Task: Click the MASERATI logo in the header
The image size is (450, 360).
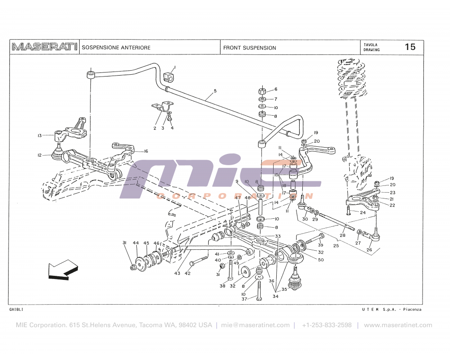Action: coord(44,47)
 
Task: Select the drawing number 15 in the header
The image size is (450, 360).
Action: coord(410,47)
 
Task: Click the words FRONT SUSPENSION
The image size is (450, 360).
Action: coord(250,48)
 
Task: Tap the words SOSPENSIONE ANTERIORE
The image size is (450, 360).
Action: coord(116,48)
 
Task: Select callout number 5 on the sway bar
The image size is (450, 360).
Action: coord(215,91)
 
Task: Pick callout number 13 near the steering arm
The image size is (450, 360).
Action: coord(40,135)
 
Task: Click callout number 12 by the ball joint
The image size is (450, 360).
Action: coord(40,155)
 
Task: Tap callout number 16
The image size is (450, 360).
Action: coord(146,151)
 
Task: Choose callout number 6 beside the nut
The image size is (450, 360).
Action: coord(276,89)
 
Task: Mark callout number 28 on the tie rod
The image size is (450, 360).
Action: coord(342,235)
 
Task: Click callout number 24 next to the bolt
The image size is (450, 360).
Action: coord(363,212)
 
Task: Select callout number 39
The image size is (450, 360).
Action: coord(321,245)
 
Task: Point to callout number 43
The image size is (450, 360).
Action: coord(177,273)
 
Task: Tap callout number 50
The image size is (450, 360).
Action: coord(321,260)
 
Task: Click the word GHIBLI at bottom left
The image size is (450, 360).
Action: coord(16,310)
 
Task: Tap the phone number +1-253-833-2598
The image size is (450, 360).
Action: coord(327,325)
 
